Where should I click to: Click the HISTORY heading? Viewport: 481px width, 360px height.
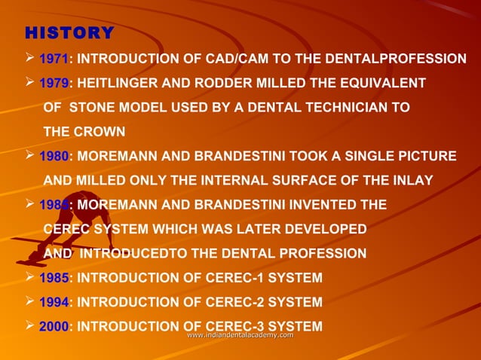[x=69, y=33]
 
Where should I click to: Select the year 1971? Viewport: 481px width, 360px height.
[x=53, y=59]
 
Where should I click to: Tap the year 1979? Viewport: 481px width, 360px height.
[x=53, y=83]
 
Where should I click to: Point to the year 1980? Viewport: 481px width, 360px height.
[x=53, y=157]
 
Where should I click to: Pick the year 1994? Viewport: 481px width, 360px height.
[x=53, y=303]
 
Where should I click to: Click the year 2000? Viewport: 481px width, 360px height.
[x=53, y=327]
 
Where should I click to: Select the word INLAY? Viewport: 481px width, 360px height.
[x=412, y=181]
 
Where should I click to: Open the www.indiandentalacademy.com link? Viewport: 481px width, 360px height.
[x=240, y=334]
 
